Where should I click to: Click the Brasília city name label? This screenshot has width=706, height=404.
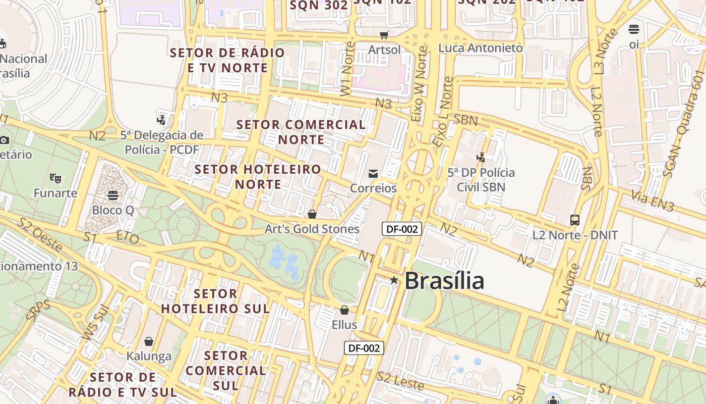444,281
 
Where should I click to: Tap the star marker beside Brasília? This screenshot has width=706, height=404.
394,280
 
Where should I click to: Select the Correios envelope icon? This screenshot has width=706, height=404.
373,174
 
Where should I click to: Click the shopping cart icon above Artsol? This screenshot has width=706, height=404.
384,35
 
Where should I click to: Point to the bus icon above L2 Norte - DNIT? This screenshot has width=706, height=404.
575,220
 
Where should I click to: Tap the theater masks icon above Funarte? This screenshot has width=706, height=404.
55,178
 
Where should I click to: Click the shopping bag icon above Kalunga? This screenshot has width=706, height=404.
149,341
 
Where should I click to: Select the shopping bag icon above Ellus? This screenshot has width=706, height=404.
344,310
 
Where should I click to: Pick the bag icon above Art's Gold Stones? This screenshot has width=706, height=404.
312,214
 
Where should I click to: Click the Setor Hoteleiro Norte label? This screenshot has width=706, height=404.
258,177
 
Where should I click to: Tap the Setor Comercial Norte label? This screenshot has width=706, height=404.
301,132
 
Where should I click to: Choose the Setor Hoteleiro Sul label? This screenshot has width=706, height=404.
215,301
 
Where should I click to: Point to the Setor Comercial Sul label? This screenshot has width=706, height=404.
225,371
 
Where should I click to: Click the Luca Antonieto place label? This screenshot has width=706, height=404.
481,48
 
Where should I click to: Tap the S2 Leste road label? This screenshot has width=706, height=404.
401,381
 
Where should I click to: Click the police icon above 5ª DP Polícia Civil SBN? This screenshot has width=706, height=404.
481,158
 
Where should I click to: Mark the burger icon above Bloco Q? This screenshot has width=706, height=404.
113,195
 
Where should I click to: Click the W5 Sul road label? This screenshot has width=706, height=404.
96,323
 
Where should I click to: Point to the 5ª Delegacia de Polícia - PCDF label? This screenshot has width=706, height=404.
162,142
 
